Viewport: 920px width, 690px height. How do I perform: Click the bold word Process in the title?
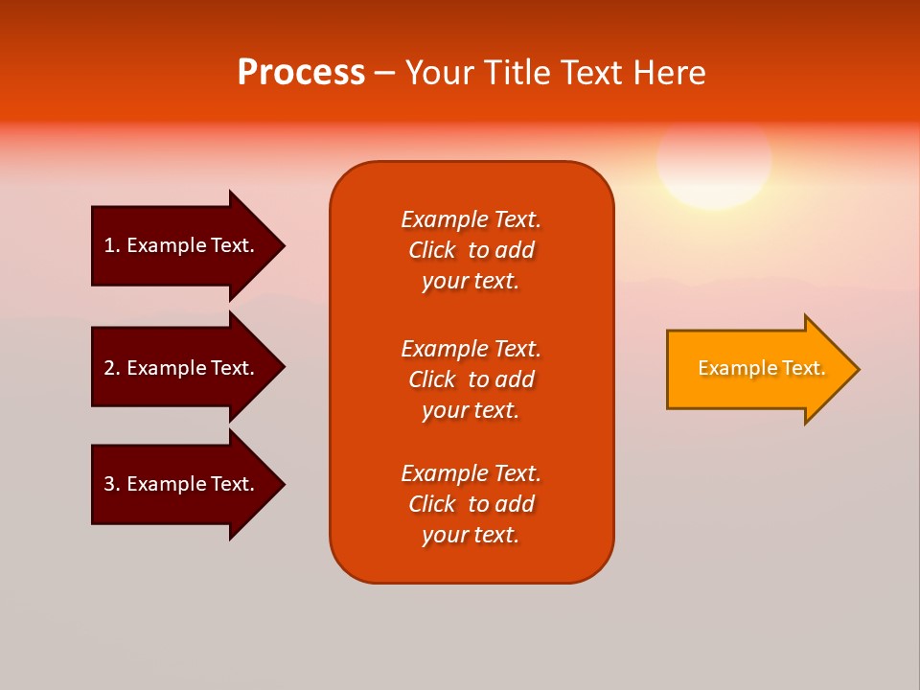point(301,73)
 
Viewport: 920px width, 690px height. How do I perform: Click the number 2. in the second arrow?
point(111,368)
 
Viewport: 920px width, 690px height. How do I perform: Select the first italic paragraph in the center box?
point(471,250)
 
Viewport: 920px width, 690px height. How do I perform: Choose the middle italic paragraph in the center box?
point(471,379)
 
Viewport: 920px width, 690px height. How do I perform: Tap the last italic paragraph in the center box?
point(471,504)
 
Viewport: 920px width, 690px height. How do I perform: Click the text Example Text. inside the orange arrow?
point(761,368)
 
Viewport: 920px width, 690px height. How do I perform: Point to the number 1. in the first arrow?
point(111,245)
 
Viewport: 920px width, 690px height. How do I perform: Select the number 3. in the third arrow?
point(111,484)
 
